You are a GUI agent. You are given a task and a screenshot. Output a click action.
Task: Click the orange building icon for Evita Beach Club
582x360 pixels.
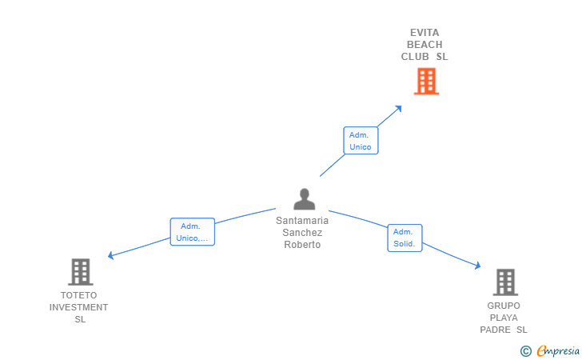[x=426, y=81]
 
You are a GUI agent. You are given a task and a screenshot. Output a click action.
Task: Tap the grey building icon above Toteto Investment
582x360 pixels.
[x=80, y=272]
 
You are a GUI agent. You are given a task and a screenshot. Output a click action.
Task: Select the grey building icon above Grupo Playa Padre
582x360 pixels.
[x=504, y=282]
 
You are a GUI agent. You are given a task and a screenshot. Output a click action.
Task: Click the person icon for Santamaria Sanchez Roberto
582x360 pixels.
[x=304, y=199]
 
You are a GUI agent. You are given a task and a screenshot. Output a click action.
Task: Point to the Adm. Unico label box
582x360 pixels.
[x=360, y=141]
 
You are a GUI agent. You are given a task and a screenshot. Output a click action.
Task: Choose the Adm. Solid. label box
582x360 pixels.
[x=405, y=238]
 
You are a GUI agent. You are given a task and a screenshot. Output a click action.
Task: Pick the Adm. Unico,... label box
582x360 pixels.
[x=192, y=232]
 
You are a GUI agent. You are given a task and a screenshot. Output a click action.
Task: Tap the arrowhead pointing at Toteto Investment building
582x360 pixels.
[x=111, y=256]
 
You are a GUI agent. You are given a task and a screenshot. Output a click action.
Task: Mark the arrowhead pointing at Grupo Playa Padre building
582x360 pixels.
[x=477, y=267]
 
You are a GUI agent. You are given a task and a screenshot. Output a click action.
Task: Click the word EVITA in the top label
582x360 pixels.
[x=425, y=33]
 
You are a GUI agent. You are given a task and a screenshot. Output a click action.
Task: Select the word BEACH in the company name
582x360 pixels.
[x=425, y=45]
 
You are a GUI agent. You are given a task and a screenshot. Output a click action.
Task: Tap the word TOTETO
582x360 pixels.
[x=78, y=295]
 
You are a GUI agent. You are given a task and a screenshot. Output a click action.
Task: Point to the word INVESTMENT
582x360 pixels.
[x=78, y=307]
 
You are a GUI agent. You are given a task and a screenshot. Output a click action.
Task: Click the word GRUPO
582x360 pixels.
[x=504, y=306]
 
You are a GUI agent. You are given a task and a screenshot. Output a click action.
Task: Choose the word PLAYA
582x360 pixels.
[x=504, y=318]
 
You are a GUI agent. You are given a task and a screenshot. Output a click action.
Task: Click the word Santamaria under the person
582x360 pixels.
[x=302, y=221]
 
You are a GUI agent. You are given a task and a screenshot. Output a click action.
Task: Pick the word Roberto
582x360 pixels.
[x=302, y=245]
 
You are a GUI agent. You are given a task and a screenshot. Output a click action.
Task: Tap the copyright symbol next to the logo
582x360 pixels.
[x=525, y=350]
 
